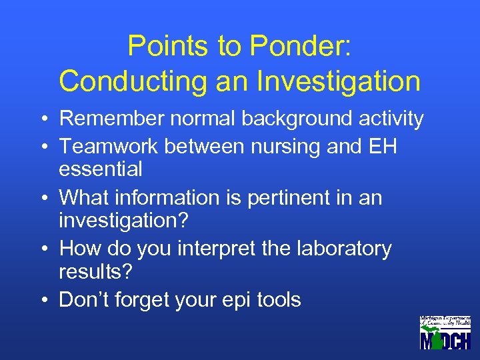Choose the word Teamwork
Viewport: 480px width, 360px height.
105,145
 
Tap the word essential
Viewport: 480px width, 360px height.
101,169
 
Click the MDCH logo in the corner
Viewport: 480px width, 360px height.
445,333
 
